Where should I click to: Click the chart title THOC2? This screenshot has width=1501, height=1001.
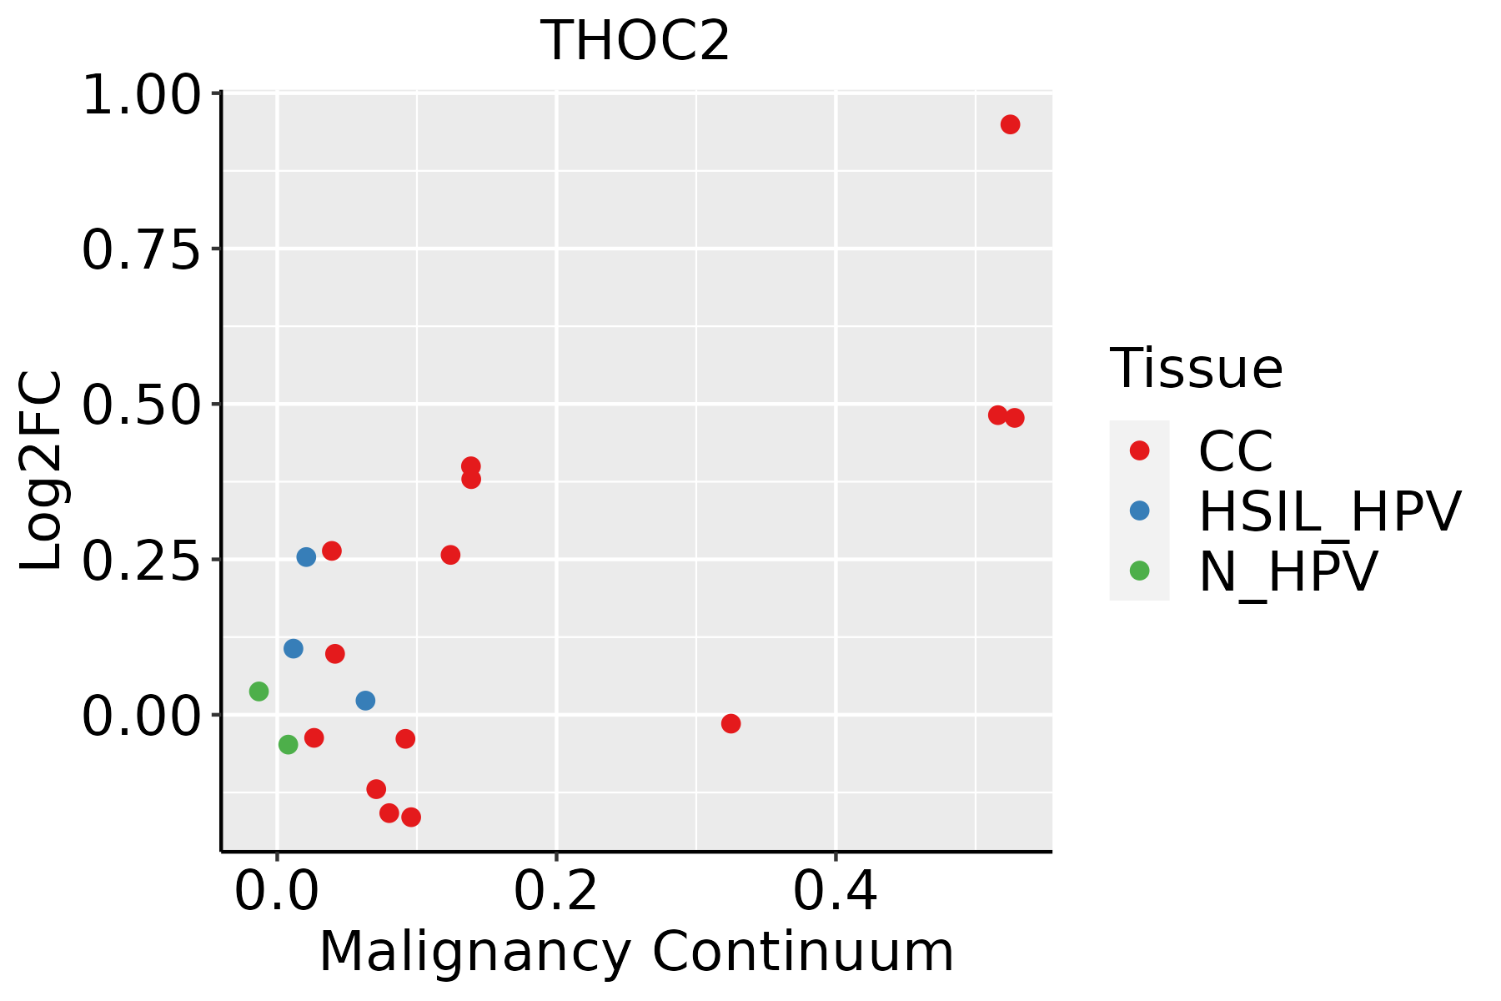coord(635,41)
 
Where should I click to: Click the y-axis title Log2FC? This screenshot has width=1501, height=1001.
coord(42,470)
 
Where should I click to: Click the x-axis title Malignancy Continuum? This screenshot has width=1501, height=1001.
coord(636,952)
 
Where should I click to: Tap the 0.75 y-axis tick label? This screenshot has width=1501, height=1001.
coord(142,249)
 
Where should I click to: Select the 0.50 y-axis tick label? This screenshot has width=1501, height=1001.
coord(142,405)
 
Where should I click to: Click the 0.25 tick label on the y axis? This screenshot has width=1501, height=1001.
coord(142,560)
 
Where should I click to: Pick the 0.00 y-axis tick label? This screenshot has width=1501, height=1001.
coord(142,716)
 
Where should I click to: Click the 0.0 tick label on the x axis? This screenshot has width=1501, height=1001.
coord(277,892)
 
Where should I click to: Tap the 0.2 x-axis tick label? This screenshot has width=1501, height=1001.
coord(556,892)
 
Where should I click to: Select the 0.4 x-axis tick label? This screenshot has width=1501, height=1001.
coord(836,892)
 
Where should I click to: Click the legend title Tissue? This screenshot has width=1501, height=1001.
coord(1196,368)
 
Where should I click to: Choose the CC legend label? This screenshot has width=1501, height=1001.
coord(1236,451)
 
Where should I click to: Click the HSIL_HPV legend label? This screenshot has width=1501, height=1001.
coord(1330,511)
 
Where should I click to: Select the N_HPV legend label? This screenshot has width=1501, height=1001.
coord(1288,571)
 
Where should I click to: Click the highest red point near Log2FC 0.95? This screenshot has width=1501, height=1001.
coord(1010,124)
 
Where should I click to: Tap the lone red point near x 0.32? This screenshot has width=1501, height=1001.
coord(730,723)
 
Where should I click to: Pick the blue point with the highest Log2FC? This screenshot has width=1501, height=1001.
coord(306,556)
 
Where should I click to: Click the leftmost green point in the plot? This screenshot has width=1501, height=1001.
coord(259,691)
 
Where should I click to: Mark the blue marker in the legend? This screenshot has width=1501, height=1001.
coord(1139,511)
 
